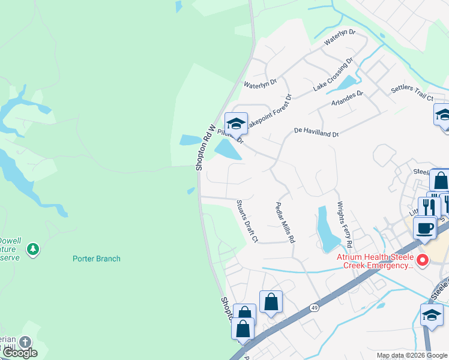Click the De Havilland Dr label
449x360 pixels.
click(x=316, y=132)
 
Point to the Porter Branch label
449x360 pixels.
click(x=97, y=259)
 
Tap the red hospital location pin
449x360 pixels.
click(x=423, y=260)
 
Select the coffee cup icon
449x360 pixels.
click(x=424, y=228)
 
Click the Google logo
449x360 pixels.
click(x=20, y=353)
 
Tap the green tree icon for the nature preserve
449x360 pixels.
click(x=32, y=248)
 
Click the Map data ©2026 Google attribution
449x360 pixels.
click(x=411, y=355)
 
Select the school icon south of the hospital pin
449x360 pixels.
click(x=432, y=314)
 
